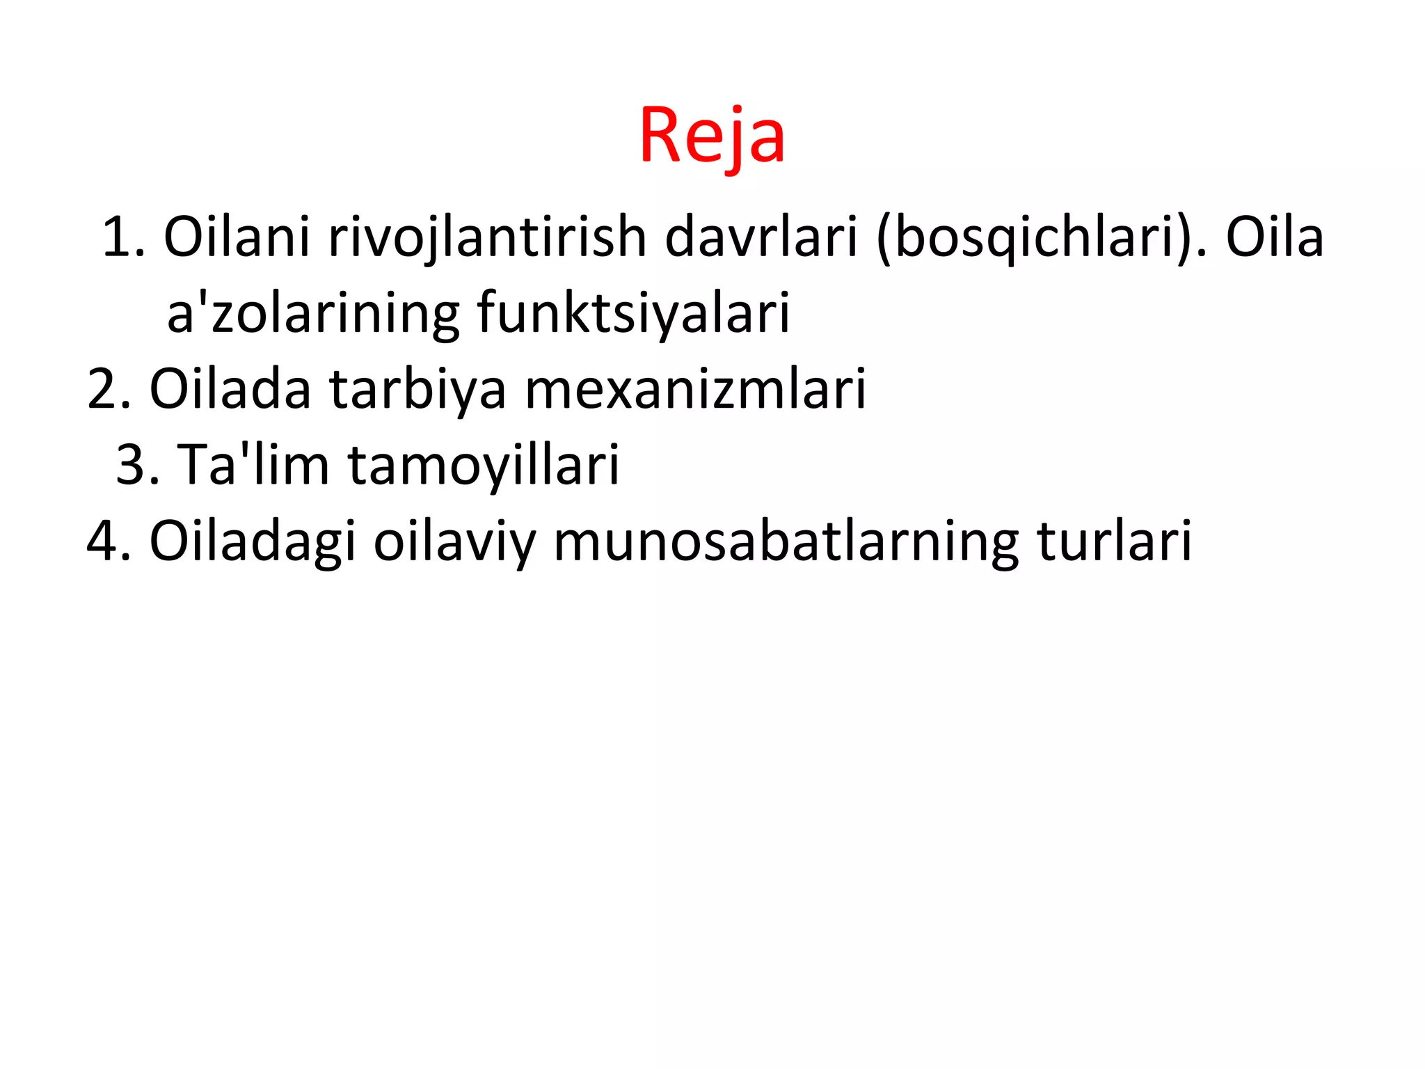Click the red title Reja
[712, 136]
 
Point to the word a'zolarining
[312, 313]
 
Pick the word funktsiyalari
[633, 313]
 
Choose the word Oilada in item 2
[230, 389]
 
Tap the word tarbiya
[417, 389]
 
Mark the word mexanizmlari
[695, 389]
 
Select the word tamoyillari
[483, 465]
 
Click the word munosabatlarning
[786, 541]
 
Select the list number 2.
[108, 389]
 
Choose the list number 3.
[136, 465]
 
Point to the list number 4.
[108, 541]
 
